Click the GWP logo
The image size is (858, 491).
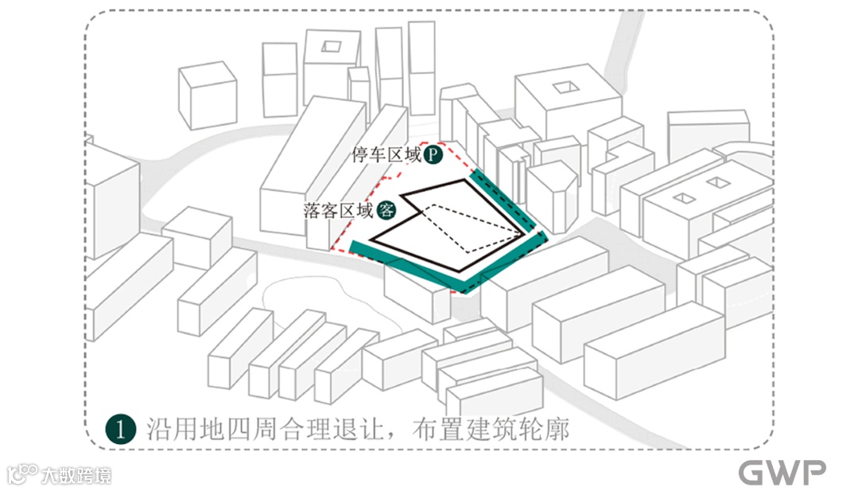click(782, 472)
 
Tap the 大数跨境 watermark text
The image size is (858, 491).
click(76, 475)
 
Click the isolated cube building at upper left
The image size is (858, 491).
click(208, 95)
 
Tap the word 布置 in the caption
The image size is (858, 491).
click(434, 429)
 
